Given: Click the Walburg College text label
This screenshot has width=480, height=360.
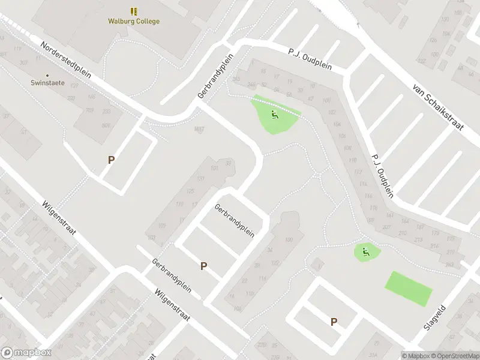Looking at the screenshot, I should (x=134, y=22).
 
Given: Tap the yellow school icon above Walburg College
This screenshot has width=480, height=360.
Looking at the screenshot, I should (x=134, y=11).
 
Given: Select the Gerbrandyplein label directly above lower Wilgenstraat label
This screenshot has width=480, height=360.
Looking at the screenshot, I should (x=172, y=275).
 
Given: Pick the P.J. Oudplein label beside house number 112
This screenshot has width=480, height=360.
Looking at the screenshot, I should (x=382, y=174).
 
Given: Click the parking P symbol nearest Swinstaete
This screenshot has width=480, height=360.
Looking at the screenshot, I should (x=111, y=160).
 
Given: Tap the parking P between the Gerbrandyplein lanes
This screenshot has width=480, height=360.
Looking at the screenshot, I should (x=204, y=266).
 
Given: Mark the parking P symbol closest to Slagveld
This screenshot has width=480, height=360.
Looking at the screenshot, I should (x=334, y=322).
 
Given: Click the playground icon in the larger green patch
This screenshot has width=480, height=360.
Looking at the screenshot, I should (x=274, y=115).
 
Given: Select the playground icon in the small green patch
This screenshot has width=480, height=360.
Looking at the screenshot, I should (x=366, y=252).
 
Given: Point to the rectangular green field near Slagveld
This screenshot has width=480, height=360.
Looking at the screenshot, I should (x=409, y=289).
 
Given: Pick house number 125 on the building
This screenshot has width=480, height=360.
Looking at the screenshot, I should (x=190, y=191).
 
